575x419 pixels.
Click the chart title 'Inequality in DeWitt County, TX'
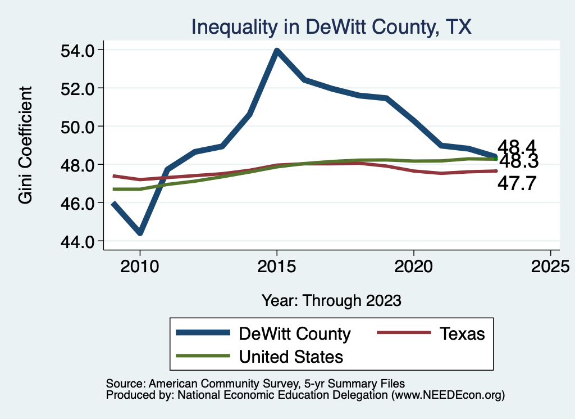pos(331,26)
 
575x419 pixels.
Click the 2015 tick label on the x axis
pos(276,265)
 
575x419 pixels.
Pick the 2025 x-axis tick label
pos(550,265)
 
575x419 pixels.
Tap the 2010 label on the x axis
pos(140,265)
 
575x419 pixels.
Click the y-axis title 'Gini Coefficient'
pos(26,145)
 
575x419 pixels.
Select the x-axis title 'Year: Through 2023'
pos(331,300)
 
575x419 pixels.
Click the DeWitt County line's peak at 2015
pos(277,51)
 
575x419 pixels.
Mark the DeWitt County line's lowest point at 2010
pos(140,232)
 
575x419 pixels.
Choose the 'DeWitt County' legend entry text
pos(295,334)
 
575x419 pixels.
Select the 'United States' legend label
pos(291,356)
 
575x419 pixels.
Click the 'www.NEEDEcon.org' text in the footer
pos(448,395)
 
